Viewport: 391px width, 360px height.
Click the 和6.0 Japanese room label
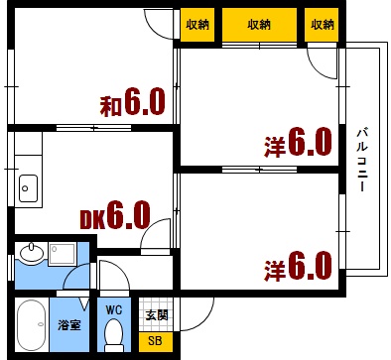[131, 104]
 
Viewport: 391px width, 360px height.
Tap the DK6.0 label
[114, 213]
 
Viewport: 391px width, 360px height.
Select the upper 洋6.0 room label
[298, 145]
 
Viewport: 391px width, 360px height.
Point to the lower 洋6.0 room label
[298, 266]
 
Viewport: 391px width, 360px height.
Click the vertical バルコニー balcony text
[362, 159]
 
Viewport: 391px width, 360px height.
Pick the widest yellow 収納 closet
[259, 24]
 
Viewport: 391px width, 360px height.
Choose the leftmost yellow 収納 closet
[196, 24]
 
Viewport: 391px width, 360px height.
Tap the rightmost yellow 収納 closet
[320, 24]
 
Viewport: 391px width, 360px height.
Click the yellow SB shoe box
[154, 341]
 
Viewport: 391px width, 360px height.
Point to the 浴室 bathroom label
[68, 324]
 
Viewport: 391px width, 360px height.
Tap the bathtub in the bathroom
[32, 326]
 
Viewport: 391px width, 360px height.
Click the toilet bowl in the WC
[114, 333]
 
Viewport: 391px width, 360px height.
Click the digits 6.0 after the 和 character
[144, 104]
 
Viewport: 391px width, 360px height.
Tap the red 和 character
[109, 105]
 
